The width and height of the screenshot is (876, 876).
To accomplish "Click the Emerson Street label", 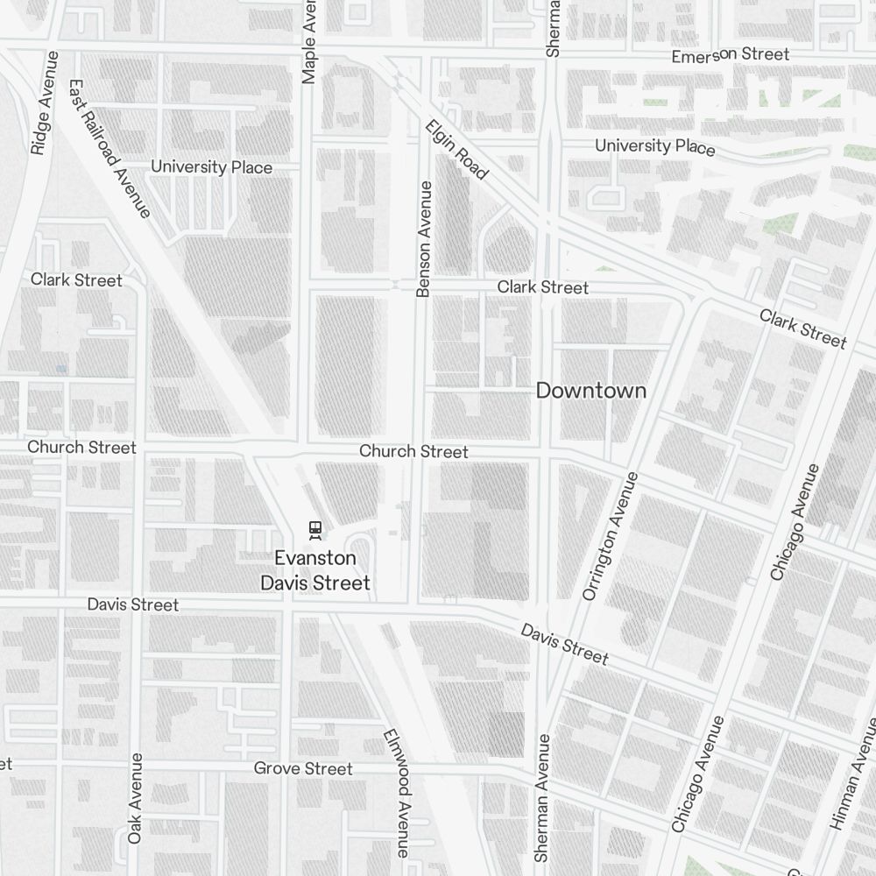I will tap(730, 55).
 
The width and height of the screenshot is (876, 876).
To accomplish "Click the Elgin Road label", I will tap(456, 150).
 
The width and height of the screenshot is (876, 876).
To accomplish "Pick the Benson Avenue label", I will tap(424, 238).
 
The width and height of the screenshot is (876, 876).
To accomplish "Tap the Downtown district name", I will tap(590, 391).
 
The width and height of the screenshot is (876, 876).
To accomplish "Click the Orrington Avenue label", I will tap(612, 535).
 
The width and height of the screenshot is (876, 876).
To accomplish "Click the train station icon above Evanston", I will tap(314, 529).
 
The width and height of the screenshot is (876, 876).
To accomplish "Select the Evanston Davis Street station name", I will tap(315, 570).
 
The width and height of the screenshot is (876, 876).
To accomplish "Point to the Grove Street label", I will tap(303, 769).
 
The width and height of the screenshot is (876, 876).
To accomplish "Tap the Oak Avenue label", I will tap(135, 798).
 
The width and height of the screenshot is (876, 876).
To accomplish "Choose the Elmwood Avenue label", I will tap(397, 794).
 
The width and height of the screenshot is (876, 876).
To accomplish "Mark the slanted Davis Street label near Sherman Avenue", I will tap(564, 644).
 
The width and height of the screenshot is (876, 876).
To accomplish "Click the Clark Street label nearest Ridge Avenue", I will tap(76, 280).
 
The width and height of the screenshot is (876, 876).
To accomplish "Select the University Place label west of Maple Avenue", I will tap(211, 166).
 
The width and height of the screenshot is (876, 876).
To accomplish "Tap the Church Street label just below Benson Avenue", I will tap(413, 452).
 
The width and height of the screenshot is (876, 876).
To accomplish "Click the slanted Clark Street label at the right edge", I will tap(802, 328).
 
